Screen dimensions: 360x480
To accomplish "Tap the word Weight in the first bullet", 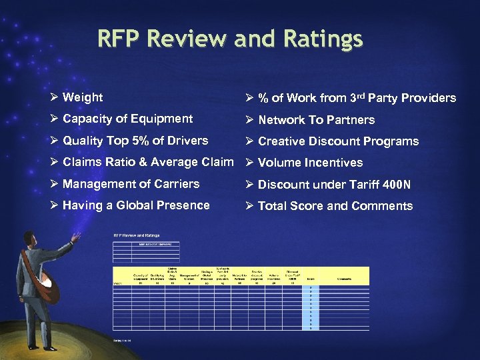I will [x=83, y=97].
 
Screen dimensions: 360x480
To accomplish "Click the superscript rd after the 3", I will [x=361, y=95].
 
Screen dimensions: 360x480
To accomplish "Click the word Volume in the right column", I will [x=279, y=163].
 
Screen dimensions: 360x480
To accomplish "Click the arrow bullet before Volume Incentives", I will [x=249, y=163].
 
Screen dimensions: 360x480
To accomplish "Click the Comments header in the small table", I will [x=344, y=279].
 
